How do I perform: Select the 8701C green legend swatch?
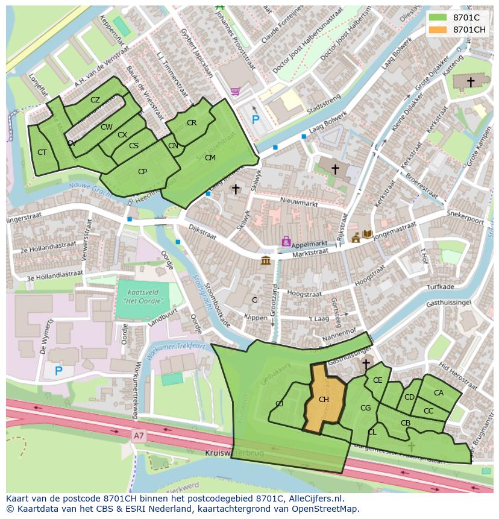pos(438,17)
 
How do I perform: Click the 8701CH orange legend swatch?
pos(438,30)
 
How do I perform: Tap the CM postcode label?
pos(210,158)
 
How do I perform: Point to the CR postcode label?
pos(192,123)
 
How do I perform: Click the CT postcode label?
pos(42,153)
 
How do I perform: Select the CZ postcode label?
pos(95,100)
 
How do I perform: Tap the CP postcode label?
pos(142,172)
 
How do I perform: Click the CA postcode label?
pos(438,393)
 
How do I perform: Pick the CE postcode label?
pos(377,380)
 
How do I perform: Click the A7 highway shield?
pos(139,434)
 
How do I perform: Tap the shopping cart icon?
pos(235,92)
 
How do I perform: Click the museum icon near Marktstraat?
pos(265,260)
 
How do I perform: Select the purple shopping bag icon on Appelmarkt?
pos(286,241)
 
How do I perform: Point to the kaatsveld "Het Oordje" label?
pos(143,296)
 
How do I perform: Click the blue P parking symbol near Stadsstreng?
pos(256,120)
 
